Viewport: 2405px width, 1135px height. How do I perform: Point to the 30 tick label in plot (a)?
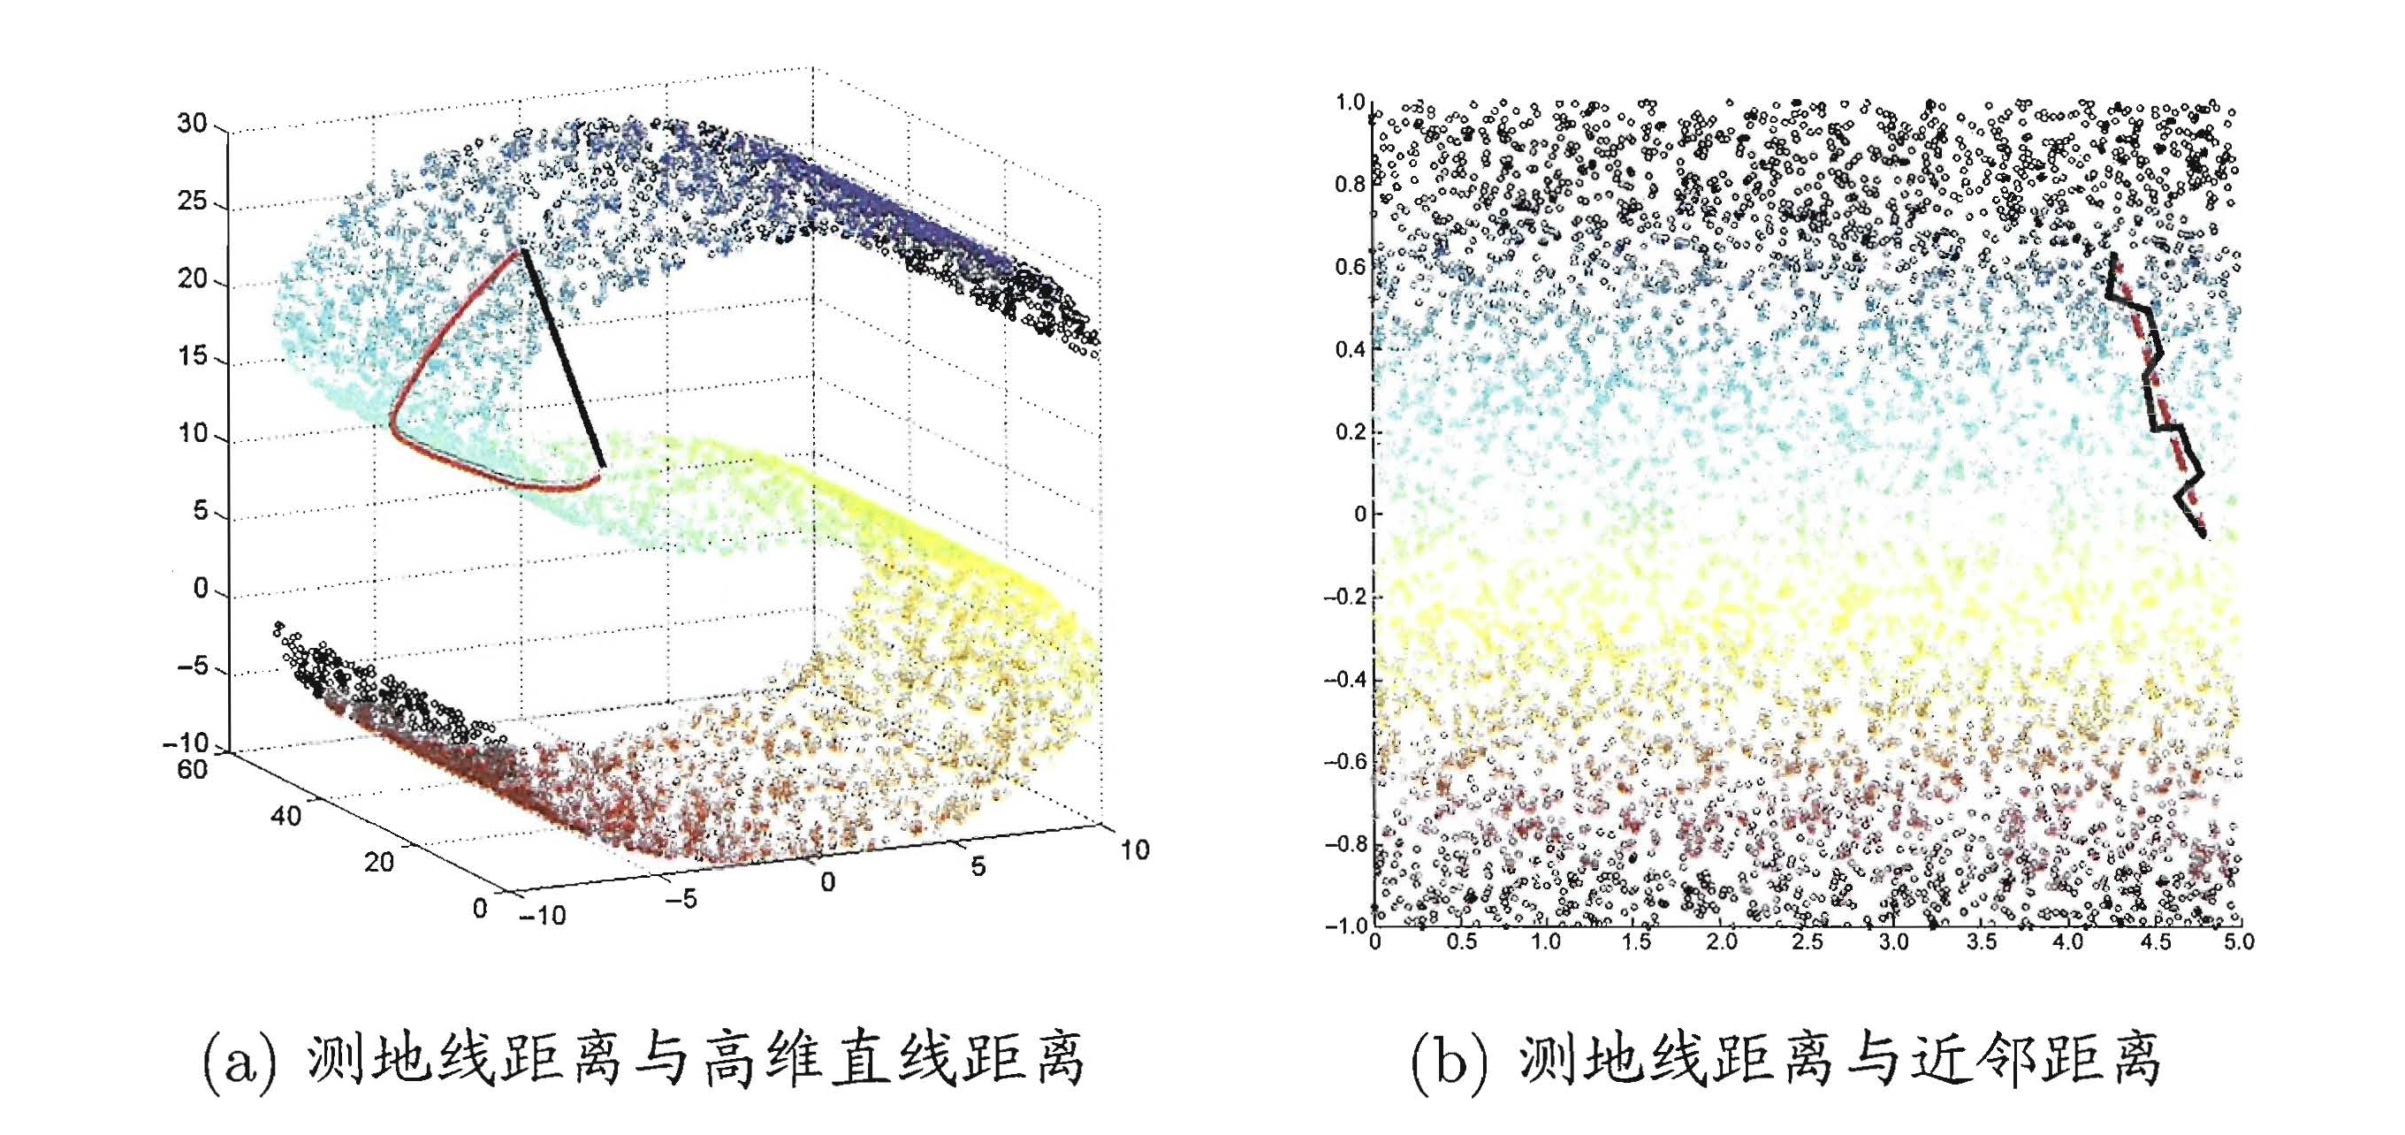tap(193, 123)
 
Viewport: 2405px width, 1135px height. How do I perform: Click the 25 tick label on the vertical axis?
tap(193, 201)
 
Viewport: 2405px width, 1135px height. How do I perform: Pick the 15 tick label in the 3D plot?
tap(193, 355)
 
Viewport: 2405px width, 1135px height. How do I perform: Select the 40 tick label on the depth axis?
tap(285, 816)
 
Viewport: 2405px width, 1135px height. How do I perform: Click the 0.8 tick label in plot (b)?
tap(1349, 184)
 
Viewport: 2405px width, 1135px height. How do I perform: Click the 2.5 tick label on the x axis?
tap(1808, 941)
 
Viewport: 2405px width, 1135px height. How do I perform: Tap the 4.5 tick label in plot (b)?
tap(2155, 941)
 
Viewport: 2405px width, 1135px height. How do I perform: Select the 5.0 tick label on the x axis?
tap(2239, 941)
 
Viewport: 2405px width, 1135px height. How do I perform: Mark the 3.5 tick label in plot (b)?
tap(1981, 941)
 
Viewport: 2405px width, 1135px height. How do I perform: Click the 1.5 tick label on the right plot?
tap(1635, 941)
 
